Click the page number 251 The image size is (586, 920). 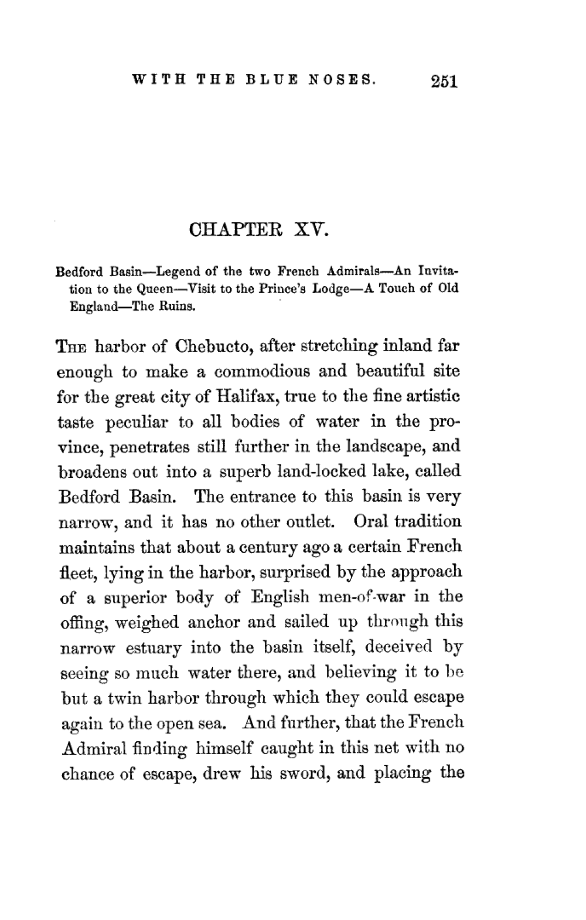(442, 81)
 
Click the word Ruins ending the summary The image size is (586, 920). (178, 305)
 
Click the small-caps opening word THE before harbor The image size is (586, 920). (72, 346)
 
